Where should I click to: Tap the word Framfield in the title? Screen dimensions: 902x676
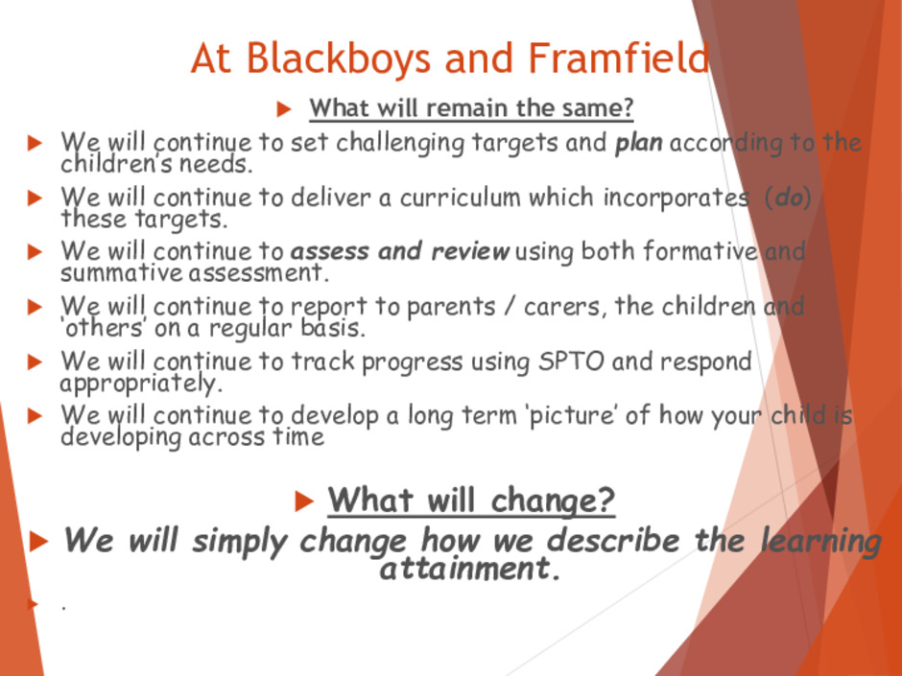(x=618, y=58)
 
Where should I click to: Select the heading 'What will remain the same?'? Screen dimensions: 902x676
(x=471, y=108)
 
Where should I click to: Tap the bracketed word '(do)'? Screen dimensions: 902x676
(x=788, y=198)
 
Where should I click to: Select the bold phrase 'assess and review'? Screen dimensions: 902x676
(x=400, y=251)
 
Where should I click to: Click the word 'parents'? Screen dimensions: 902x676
(x=451, y=307)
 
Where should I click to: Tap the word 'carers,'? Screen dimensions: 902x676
(x=565, y=307)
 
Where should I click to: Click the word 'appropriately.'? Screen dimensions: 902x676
(x=141, y=384)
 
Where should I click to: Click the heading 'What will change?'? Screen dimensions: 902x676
(x=471, y=501)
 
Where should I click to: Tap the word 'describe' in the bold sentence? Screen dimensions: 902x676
(x=613, y=541)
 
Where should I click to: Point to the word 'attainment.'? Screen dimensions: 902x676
(x=470, y=569)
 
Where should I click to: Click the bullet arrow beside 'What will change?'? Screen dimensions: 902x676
(x=304, y=501)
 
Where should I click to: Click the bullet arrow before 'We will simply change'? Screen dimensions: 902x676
(x=38, y=542)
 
